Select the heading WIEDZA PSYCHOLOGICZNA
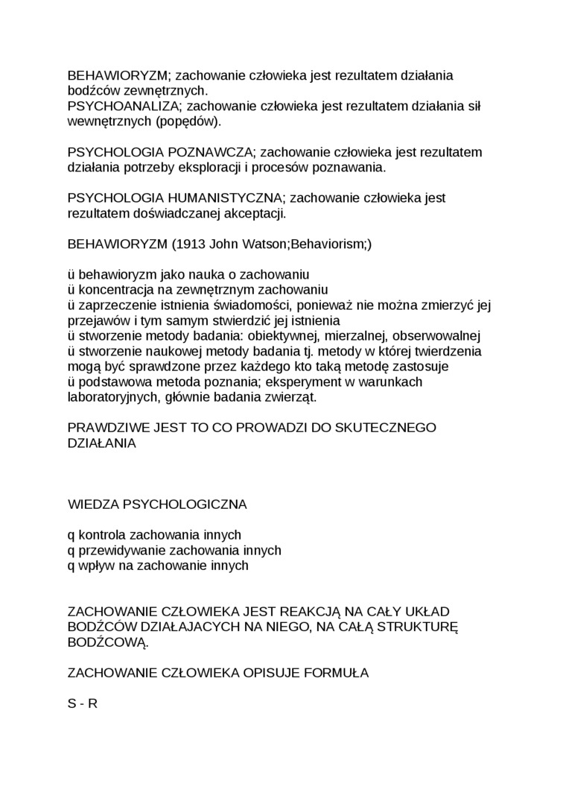[157, 504]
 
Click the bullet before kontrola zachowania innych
[71, 536]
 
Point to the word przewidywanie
[123, 551]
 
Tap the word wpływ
[94, 566]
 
